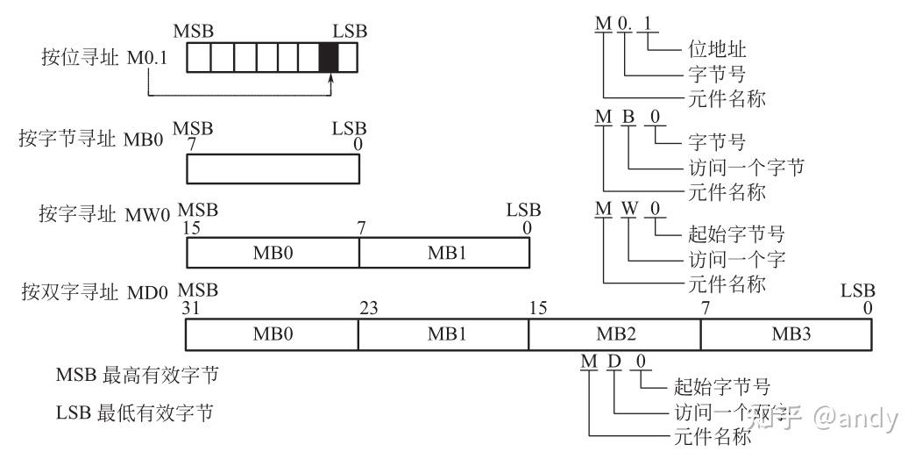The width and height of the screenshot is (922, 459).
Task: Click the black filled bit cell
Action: (328, 58)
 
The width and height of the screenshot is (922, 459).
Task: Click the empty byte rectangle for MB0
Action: (273, 169)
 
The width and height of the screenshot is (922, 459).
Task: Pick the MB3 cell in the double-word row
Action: (786, 334)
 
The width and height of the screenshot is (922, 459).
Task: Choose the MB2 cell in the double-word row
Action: (614, 334)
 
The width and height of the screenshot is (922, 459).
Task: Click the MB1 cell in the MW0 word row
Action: (444, 253)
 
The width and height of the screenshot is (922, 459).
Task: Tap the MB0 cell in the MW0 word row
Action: (273, 253)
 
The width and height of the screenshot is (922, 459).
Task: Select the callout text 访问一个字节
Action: (741, 167)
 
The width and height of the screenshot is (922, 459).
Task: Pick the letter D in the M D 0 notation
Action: (614, 362)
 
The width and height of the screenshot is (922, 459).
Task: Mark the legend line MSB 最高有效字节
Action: (137, 376)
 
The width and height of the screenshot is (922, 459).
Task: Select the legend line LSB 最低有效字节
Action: (137, 412)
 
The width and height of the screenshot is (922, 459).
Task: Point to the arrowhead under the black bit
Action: (331, 80)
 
